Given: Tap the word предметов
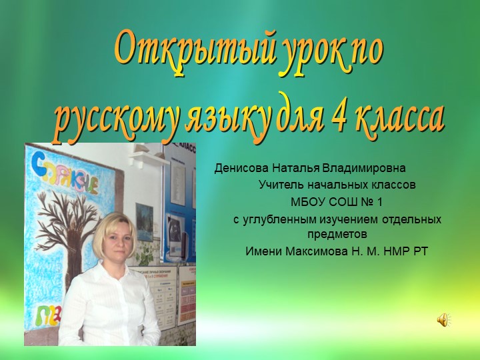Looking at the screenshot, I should pos(337,234).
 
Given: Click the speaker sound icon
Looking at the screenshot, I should pos(443,321).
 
